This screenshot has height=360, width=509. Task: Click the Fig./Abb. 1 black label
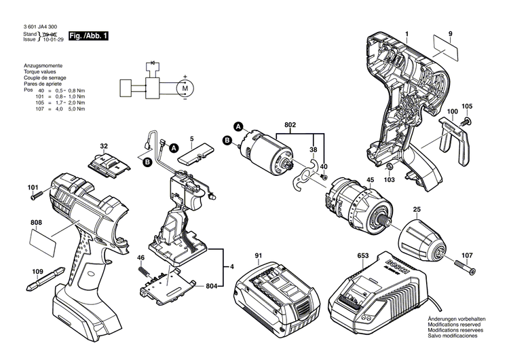pos(88,35)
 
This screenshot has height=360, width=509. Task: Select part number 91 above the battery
pos(258,255)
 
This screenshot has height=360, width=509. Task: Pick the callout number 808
pos(36,222)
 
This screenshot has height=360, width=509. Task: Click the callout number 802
pos(290,125)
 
